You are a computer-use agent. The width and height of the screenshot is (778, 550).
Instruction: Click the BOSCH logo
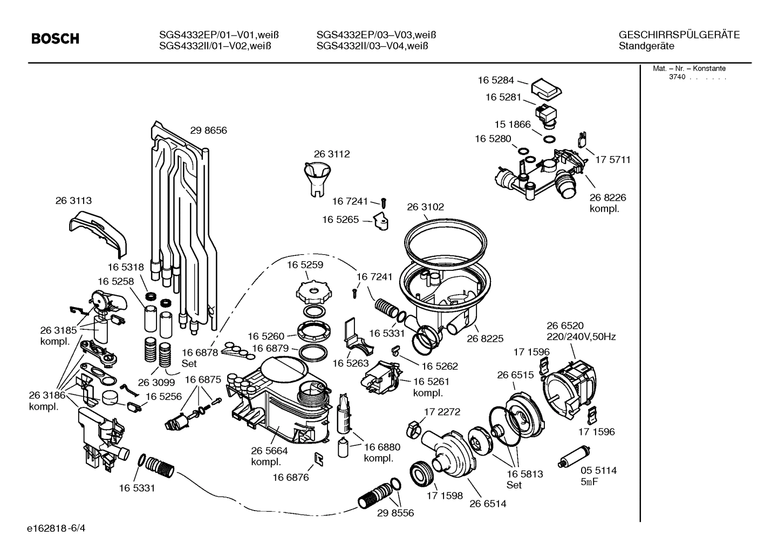[x=55, y=39]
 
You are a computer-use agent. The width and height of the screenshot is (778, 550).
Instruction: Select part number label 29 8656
[x=208, y=130]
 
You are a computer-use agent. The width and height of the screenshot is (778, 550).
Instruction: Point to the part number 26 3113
[x=73, y=200]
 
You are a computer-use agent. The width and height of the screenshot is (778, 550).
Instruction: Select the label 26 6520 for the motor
[x=565, y=325]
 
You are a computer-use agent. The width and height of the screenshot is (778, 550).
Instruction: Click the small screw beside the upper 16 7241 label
[x=384, y=203]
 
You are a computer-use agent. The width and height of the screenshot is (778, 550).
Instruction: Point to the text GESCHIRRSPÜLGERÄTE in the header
[x=679, y=35]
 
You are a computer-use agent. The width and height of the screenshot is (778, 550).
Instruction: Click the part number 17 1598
[x=445, y=495]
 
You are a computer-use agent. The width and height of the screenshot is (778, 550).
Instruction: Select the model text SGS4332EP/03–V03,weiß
[x=376, y=35]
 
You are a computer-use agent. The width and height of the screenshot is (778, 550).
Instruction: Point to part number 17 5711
[x=613, y=160]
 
